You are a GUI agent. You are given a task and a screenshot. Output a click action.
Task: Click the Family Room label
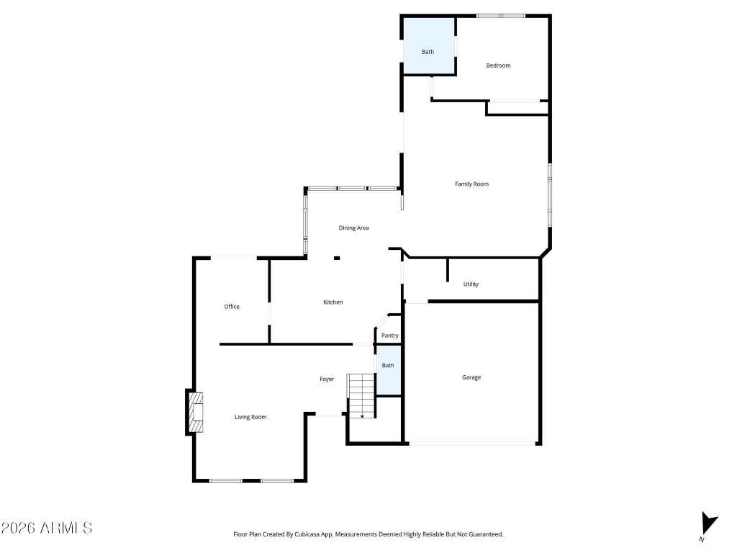pos(471,184)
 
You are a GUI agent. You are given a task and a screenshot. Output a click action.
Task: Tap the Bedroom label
pos(498,66)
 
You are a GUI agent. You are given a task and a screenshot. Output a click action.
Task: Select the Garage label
pos(471,377)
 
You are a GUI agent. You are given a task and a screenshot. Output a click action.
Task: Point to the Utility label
pos(471,284)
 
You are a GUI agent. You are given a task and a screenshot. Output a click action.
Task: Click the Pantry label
pos(389,336)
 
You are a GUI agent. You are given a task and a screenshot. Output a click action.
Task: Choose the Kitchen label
pos(333,302)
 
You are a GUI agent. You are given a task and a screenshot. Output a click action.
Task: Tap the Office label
pos(232,307)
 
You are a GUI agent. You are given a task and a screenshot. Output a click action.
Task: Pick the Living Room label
pos(250,417)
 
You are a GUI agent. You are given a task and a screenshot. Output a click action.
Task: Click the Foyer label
pos(327,379)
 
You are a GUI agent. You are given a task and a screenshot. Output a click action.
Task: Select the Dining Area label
pos(353,228)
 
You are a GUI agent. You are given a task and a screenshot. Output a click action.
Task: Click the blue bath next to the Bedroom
pos(429,46)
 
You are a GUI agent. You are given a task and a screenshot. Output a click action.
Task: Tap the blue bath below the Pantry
pos(389,371)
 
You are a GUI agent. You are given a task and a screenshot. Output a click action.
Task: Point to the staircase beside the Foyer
pos(361,396)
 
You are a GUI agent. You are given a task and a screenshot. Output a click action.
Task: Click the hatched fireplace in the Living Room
pos(196,412)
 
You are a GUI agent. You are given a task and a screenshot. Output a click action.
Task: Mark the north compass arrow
pos(708,524)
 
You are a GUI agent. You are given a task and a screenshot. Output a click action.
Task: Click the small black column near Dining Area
pos(337,258)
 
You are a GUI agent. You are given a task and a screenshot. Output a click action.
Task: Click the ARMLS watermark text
pos(47,528)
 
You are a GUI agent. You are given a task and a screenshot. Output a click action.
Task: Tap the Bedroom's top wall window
pos(501,16)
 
